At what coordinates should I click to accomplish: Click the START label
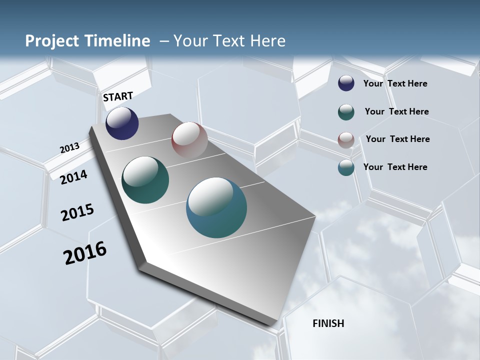point(118,96)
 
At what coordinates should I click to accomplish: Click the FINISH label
point(328,323)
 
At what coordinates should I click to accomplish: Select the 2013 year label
point(69,148)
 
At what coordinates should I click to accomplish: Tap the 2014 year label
point(73,177)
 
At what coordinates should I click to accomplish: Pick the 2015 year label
point(77,212)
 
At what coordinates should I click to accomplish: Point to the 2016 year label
point(85,253)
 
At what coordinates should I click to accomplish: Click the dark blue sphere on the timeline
point(122,123)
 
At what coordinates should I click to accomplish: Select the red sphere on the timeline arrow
point(189,140)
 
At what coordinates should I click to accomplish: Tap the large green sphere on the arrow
point(145,180)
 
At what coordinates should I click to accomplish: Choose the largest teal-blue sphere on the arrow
point(216,207)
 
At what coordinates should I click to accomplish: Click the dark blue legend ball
point(346,83)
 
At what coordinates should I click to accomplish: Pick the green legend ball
point(346,112)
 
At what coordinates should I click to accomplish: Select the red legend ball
point(346,140)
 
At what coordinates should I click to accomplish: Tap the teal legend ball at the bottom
point(346,167)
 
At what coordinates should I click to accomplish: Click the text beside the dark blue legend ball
point(395,83)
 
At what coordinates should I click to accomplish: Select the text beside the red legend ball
point(397,139)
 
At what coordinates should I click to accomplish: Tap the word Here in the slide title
point(267,41)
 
